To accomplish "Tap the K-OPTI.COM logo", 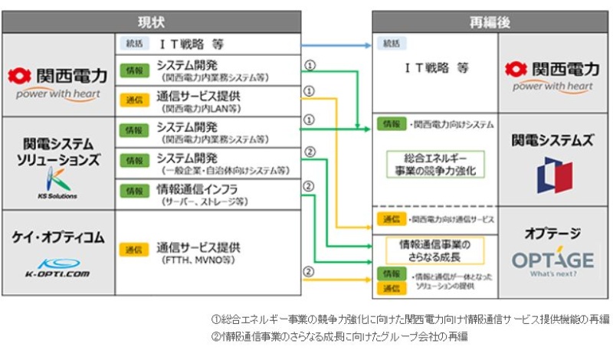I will pyautogui.click(x=57, y=267).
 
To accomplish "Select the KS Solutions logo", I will pyautogui.click(x=58, y=184).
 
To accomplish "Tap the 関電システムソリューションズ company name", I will pyautogui.click(x=58, y=152).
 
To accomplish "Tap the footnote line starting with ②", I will pyautogui.click(x=339, y=336).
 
